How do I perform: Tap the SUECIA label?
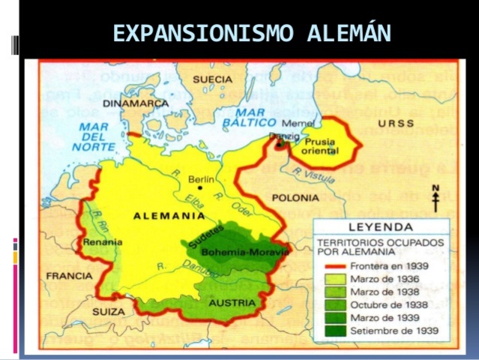(213, 79)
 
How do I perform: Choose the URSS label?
(395, 123)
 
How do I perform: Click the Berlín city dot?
(200, 187)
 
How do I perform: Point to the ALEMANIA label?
(169, 216)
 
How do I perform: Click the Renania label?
(98, 243)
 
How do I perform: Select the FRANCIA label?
(68, 275)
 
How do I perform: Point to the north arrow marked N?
(434, 197)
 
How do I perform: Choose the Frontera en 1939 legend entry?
(375, 266)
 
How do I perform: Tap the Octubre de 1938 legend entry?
(375, 304)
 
